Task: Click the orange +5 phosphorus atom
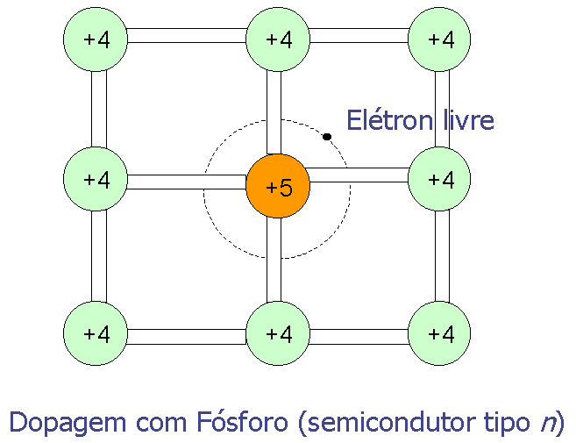278,185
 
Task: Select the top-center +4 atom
278,39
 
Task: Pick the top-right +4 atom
440,39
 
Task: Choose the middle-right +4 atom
440,180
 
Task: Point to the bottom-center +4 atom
278,333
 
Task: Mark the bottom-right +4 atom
440,333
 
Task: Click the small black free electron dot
327,137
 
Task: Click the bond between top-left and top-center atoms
187,37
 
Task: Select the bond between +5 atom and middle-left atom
187,182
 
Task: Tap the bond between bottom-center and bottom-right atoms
359,336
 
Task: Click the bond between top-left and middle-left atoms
98,110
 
